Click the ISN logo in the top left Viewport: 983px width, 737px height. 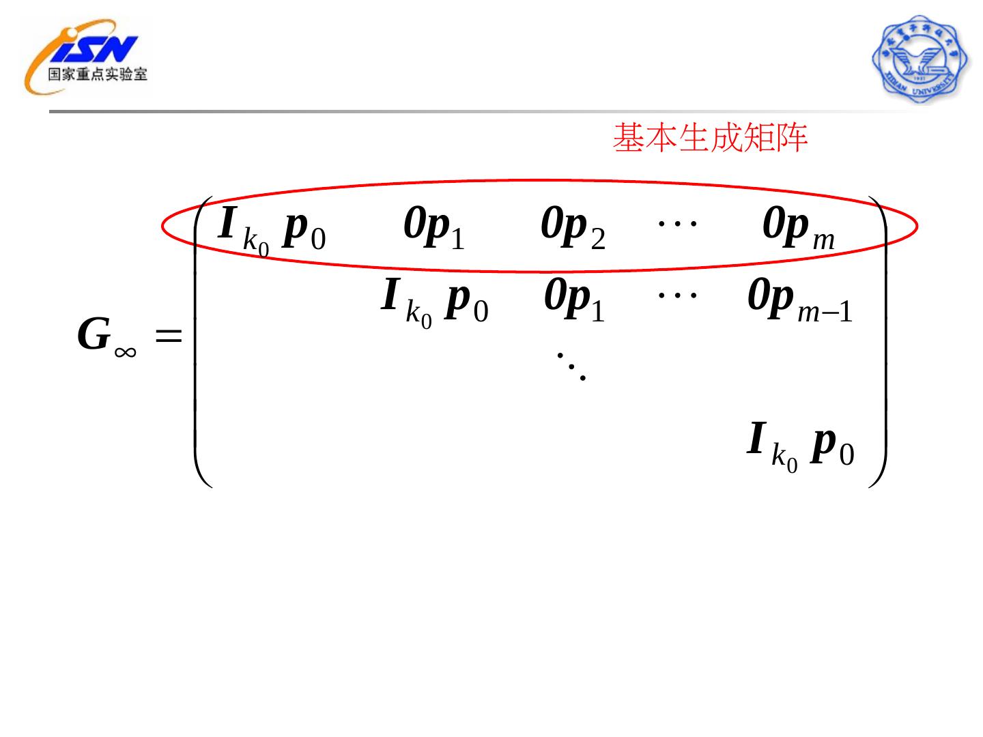pos(85,55)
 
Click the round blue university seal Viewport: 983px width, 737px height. pos(920,59)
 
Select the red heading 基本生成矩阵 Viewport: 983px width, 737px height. pos(710,138)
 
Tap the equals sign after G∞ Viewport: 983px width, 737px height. pos(169,336)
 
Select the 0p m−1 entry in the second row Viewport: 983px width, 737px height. pos(799,301)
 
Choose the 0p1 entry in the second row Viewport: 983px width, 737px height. pos(573,301)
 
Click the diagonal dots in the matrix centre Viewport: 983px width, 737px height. pos(571,366)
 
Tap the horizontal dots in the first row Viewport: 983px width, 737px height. pos(676,222)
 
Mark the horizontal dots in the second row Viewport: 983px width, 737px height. pos(676,295)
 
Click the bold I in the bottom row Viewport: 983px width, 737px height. pos(756,438)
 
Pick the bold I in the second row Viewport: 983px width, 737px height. pos(390,295)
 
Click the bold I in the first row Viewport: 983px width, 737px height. pos(227,223)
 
